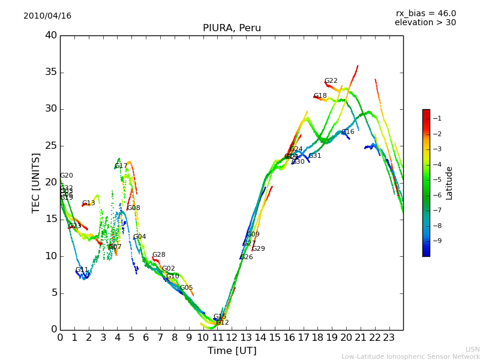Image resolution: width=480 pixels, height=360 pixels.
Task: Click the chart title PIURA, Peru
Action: pyautogui.click(x=232, y=28)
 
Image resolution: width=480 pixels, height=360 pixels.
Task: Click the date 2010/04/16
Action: pyautogui.click(x=47, y=16)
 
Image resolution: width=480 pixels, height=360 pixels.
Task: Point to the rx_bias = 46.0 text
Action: pyautogui.click(x=425, y=14)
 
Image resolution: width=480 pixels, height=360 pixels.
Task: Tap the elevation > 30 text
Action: pyautogui.click(x=425, y=23)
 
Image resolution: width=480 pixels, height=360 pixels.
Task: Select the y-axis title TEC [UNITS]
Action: pyautogui.click(x=36, y=183)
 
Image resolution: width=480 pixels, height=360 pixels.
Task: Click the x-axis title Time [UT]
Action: pyautogui.click(x=232, y=351)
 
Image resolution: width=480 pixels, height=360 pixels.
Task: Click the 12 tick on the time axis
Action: pyautogui.click(x=232, y=338)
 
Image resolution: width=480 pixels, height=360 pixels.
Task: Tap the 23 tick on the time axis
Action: pyautogui.click(x=389, y=338)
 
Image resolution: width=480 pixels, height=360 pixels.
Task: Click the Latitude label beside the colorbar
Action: pyautogui.click(x=449, y=183)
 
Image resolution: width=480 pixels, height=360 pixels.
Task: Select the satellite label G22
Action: pyautogui.click(x=331, y=81)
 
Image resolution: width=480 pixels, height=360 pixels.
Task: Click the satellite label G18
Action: pyautogui.click(x=320, y=96)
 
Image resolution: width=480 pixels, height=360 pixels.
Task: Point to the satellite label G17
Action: pyautogui.click(x=121, y=166)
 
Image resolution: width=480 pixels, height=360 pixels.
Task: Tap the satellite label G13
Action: pyautogui.click(x=89, y=203)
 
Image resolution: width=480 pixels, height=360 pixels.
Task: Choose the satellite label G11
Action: pyautogui.click(x=82, y=270)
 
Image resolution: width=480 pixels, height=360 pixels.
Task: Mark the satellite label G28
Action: pyautogui.click(x=159, y=255)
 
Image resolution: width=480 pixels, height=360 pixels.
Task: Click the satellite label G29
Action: pyautogui.click(x=259, y=249)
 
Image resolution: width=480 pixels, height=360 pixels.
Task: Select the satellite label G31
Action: pyautogui.click(x=315, y=156)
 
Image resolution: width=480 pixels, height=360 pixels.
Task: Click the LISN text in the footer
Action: pyautogui.click(x=472, y=349)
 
